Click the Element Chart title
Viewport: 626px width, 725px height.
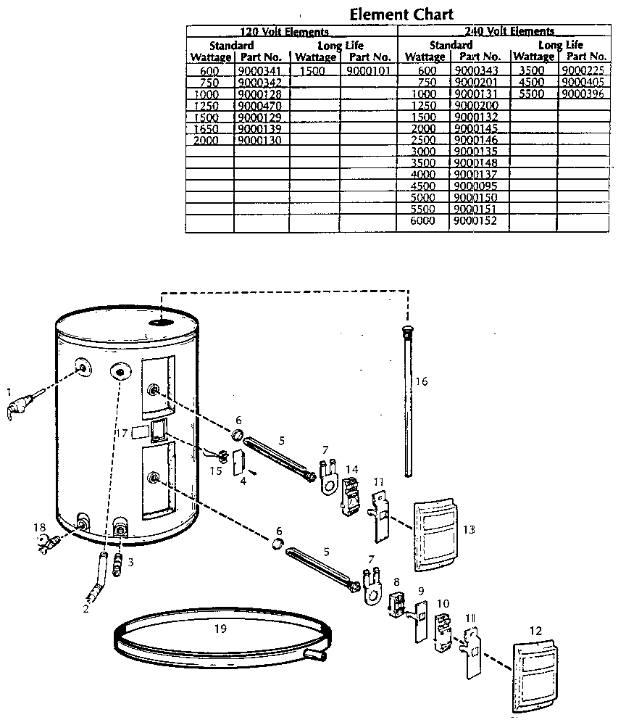(x=401, y=14)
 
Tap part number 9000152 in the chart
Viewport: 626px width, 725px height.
(x=475, y=220)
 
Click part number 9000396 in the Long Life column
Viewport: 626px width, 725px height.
(x=582, y=94)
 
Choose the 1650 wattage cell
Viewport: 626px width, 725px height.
(x=206, y=128)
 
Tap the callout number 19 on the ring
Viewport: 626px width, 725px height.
(x=220, y=629)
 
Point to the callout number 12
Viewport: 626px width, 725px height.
(x=535, y=631)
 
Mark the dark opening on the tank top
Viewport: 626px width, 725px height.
(x=163, y=320)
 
